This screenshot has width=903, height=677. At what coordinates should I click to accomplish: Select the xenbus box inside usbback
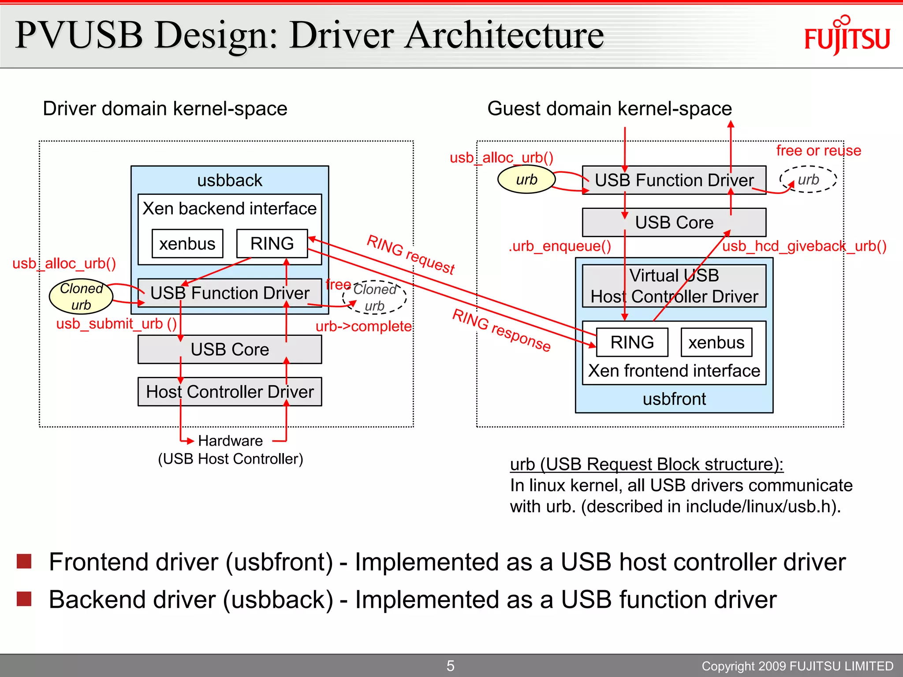tap(187, 243)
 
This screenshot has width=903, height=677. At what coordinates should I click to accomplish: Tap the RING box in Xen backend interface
tap(272, 243)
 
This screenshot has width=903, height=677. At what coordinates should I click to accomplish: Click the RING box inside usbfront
tap(632, 342)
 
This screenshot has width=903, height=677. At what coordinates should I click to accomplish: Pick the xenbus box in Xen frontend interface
tap(716, 342)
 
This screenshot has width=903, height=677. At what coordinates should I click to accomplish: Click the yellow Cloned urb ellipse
tap(81, 296)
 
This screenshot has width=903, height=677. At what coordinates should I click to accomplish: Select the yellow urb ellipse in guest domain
tap(526, 179)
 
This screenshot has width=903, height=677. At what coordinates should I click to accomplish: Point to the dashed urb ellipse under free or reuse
tap(808, 179)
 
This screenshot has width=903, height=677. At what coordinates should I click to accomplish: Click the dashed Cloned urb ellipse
tap(375, 298)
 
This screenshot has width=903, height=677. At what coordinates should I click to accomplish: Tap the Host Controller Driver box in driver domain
tap(230, 391)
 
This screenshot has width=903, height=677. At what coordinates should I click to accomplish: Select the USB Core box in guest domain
tap(674, 223)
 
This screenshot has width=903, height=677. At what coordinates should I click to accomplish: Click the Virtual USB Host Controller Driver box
tap(674, 286)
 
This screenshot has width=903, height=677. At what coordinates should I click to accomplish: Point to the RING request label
tap(410, 254)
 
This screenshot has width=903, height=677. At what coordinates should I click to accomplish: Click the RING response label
tap(502, 330)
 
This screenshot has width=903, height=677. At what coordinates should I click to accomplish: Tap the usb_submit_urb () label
tap(116, 324)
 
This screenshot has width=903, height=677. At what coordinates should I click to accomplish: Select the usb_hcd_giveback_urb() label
tap(804, 246)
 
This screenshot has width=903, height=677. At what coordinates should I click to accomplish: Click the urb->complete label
tap(363, 327)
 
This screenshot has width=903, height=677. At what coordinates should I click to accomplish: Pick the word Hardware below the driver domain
tap(230, 441)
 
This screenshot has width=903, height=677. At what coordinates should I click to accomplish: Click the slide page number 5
tap(450, 666)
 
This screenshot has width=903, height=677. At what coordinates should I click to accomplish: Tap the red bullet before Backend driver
tap(24, 599)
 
